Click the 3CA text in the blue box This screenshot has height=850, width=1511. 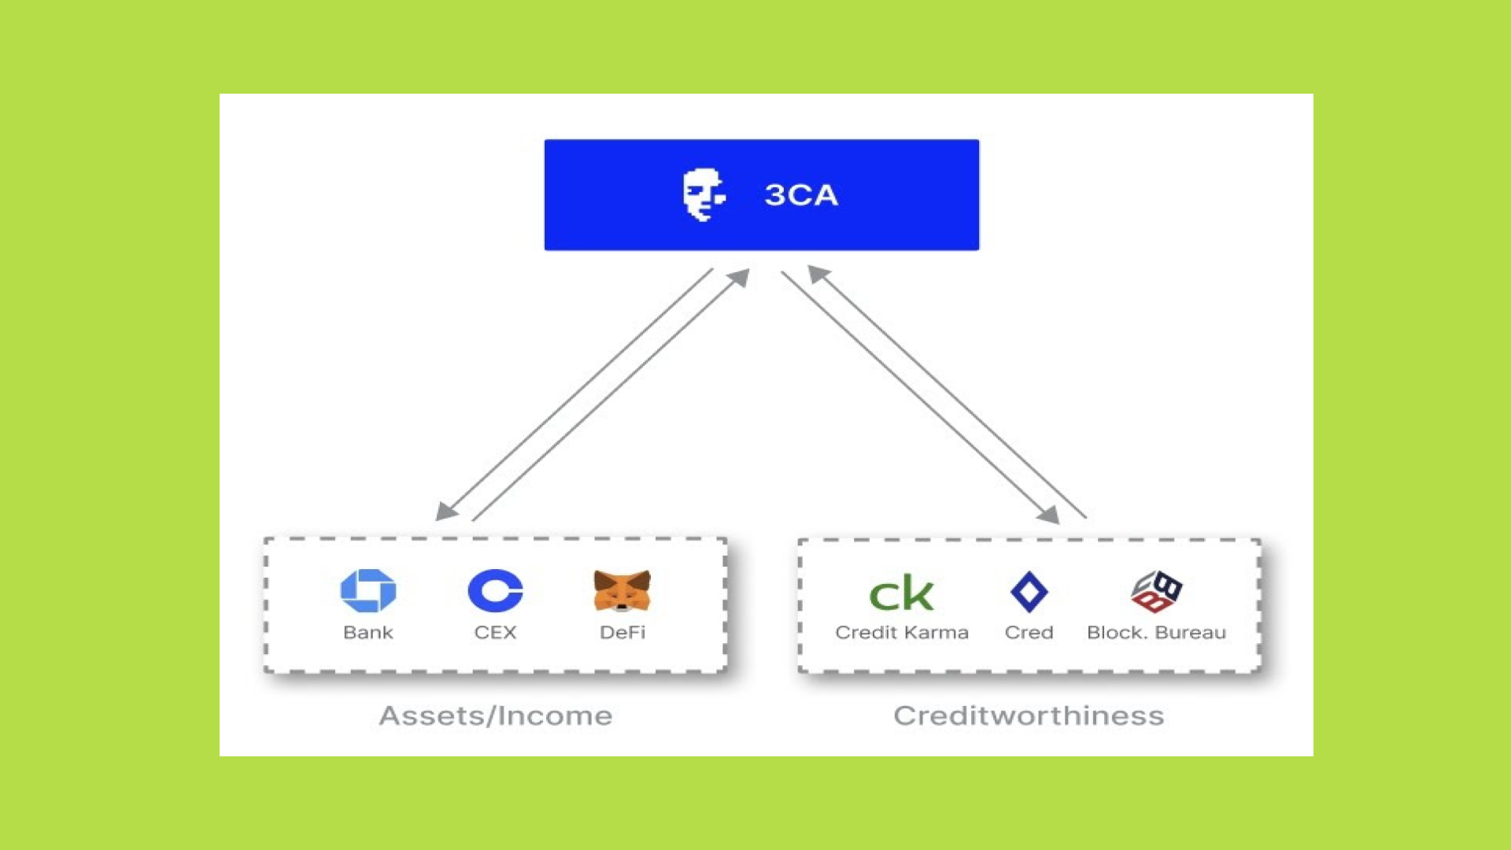click(x=800, y=195)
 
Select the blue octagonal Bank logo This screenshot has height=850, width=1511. click(x=368, y=590)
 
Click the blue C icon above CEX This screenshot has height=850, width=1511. click(x=495, y=590)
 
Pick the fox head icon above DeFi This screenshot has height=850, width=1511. click(x=622, y=590)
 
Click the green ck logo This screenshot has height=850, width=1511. click(x=901, y=593)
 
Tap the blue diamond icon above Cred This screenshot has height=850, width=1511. click(x=1029, y=592)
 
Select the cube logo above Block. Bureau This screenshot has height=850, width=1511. click(x=1156, y=591)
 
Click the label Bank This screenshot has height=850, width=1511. click(x=368, y=633)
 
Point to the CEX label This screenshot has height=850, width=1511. click(x=495, y=633)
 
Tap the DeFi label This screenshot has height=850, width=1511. click(x=622, y=633)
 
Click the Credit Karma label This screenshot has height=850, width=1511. click(x=902, y=633)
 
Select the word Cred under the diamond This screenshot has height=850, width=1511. click(x=1029, y=633)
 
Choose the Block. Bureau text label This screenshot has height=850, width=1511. click(x=1156, y=633)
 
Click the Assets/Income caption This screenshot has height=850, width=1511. click(x=495, y=715)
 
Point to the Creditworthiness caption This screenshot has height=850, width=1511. click(x=1029, y=715)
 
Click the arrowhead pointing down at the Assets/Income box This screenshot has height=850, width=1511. click(x=445, y=512)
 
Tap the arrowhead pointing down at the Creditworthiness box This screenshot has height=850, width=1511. click(x=1049, y=516)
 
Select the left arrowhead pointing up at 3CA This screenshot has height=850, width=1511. click(x=740, y=277)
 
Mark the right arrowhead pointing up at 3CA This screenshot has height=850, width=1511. click(x=818, y=273)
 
